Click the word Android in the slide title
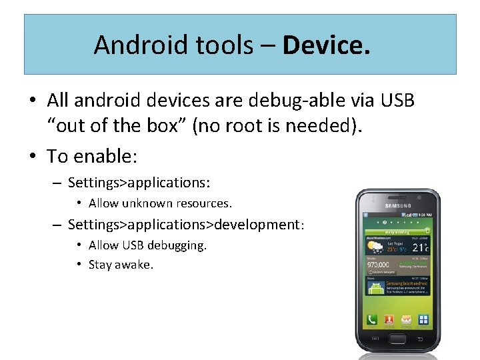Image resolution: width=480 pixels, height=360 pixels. [135, 45]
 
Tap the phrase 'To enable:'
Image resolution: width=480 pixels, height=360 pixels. [91, 157]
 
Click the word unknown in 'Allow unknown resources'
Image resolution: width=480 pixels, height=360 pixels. [147, 203]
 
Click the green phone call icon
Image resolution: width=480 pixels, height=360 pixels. [372, 319]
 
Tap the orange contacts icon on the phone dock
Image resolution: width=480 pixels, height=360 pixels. [389, 319]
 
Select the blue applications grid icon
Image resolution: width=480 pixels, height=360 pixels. [422, 319]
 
